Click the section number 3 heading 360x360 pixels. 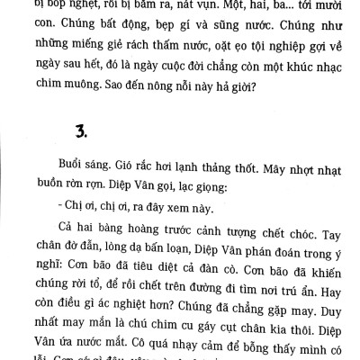54,136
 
